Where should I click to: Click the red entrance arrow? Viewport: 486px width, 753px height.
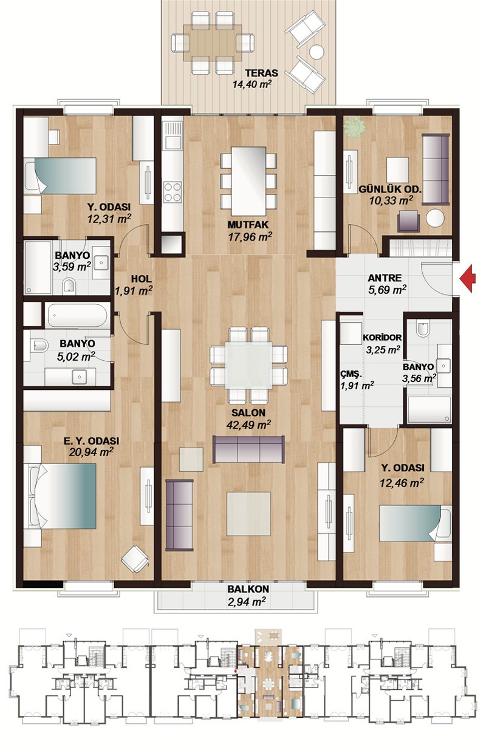tap(468, 278)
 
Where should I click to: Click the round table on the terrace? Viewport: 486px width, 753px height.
tap(317, 52)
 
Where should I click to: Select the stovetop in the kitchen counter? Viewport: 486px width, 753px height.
tap(173, 192)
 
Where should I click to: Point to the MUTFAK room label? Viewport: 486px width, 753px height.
tap(248, 225)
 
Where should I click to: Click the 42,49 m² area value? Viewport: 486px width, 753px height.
tap(248, 425)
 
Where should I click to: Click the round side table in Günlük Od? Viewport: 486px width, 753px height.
tap(435, 218)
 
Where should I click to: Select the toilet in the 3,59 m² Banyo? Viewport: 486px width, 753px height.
tap(70, 286)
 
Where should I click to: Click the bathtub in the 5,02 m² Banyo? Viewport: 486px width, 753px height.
tap(77, 315)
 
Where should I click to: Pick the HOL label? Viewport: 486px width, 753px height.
tap(141, 279)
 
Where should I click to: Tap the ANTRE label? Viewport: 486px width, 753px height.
tap(385, 278)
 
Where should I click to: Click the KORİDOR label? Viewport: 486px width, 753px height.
tap(382, 337)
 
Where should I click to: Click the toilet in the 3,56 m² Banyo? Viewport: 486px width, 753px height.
tap(423, 329)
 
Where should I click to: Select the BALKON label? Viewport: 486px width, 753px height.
tap(248, 589)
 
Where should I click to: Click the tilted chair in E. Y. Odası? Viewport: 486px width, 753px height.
tap(134, 559)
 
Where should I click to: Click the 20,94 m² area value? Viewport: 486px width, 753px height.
tap(91, 452)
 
